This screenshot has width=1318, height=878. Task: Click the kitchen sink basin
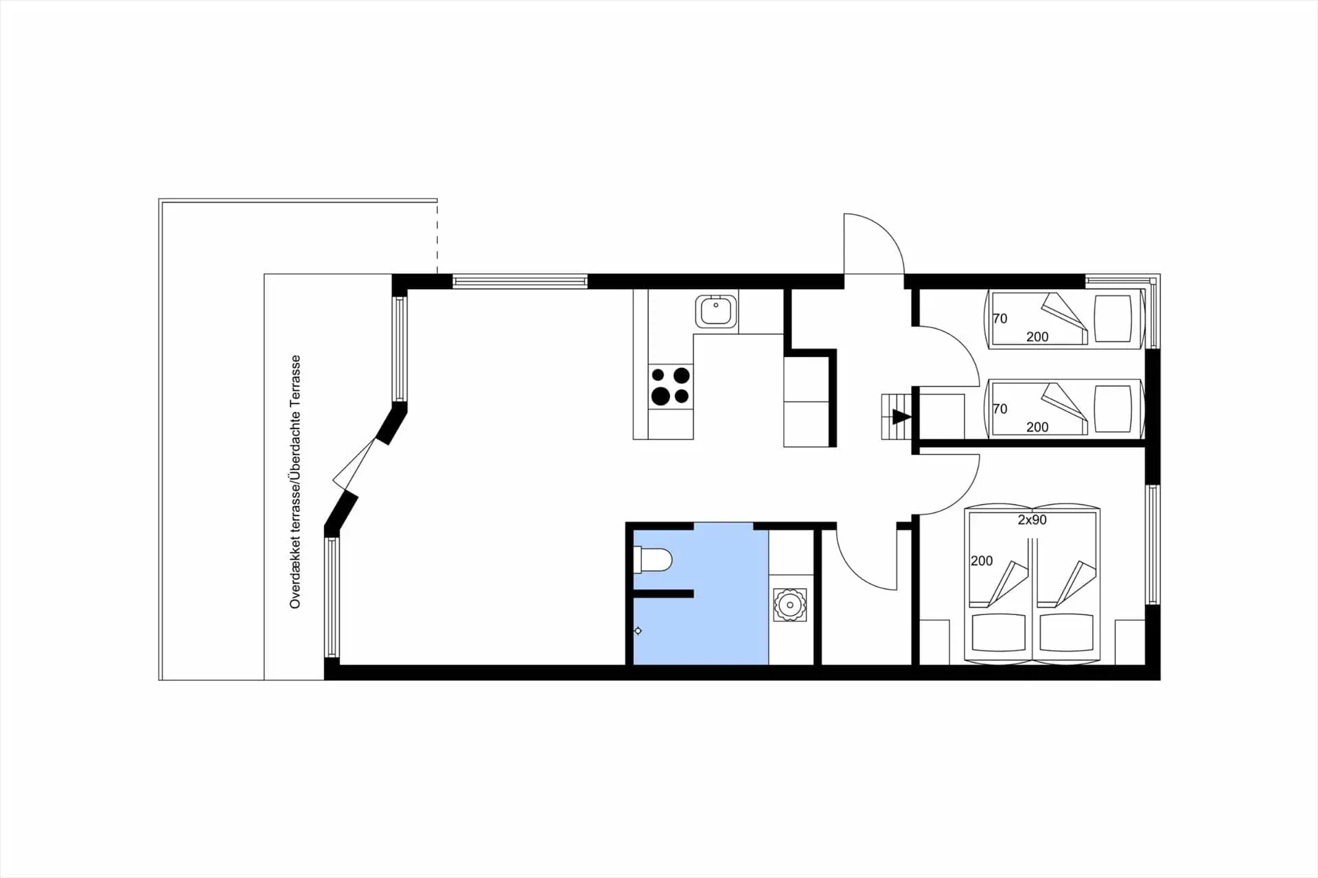716,312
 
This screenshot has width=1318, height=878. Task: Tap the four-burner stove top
671,386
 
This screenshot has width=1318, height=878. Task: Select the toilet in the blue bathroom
653,560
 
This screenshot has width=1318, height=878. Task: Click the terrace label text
295,481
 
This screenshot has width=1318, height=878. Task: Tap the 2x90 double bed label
1032,520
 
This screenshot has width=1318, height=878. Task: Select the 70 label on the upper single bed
999,319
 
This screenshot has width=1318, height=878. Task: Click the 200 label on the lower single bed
1037,427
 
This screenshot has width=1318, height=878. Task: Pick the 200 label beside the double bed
982,561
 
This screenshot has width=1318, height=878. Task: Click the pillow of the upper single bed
1112,319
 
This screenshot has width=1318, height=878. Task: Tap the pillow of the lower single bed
1112,408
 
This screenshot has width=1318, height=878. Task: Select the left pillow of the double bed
999,633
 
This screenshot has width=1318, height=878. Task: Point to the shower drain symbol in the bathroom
638,631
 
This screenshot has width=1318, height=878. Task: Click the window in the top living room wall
520,281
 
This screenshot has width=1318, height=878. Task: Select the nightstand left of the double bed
934,643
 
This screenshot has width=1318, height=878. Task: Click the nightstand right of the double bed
1130,643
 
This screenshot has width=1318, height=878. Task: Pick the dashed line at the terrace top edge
437,237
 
